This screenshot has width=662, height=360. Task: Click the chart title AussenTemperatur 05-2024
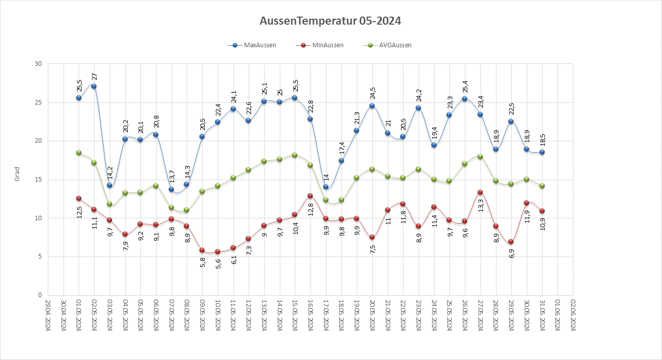330,21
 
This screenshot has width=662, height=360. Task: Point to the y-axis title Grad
17,174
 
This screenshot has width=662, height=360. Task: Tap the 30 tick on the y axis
38,64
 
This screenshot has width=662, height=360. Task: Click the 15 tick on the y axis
38,179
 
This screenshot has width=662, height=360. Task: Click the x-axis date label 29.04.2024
48,315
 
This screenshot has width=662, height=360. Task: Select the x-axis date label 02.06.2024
573,315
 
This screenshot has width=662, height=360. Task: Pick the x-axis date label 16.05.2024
310,315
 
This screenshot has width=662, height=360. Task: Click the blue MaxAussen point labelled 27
94,86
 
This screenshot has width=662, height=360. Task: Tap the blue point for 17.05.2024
325,187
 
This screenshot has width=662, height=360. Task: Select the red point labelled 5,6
217,251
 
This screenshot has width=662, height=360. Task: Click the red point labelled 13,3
480,192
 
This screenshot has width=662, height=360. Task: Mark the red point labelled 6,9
511,241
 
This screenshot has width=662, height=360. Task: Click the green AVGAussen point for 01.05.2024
78,152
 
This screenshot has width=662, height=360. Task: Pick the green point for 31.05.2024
542,186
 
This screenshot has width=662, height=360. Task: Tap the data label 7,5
372,249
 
